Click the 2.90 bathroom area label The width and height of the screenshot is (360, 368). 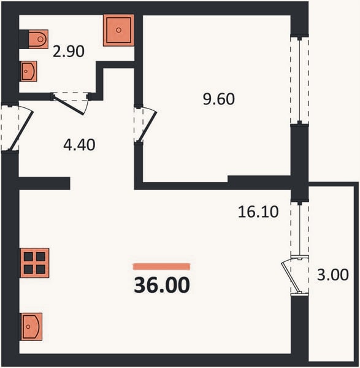[x=69, y=52]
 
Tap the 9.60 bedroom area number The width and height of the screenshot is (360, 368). [x=219, y=99]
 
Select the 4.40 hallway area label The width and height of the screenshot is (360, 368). [x=79, y=145]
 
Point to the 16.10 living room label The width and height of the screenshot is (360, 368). [x=258, y=212]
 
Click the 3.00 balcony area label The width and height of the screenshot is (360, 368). [x=333, y=275]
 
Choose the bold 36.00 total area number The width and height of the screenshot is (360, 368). [x=162, y=285]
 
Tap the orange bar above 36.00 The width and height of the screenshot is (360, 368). [x=161, y=267]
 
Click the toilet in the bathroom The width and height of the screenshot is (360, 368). [x=39, y=39]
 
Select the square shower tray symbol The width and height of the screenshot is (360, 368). [x=119, y=30]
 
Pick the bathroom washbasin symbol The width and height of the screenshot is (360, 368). [x=29, y=71]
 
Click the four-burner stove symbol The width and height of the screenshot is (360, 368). [x=35, y=263]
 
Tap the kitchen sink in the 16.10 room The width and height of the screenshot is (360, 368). [x=31, y=326]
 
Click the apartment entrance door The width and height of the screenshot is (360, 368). [x=21, y=131]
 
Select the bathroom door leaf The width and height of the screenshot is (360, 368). [x=68, y=105]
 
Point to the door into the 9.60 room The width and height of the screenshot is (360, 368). [x=148, y=127]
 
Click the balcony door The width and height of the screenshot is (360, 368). [x=290, y=278]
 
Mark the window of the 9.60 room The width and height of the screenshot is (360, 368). [x=299, y=80]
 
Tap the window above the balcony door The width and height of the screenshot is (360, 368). [x=300, y=229]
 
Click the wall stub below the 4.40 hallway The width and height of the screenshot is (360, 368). [x=44, y=183]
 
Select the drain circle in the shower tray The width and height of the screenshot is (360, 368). [x=119, y=30]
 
